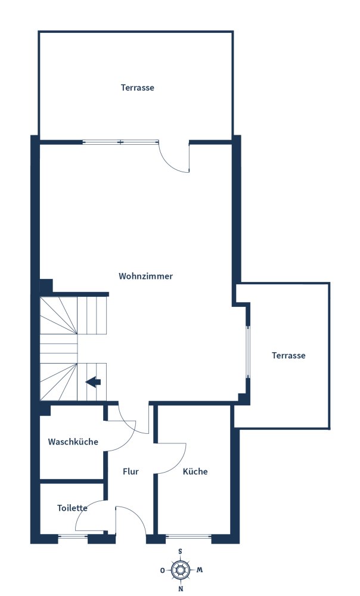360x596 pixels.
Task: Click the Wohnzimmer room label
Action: [145, 277]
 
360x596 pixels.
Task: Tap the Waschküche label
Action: [73, 442]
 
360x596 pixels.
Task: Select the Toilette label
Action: [72, 508]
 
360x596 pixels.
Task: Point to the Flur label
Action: [131, 471]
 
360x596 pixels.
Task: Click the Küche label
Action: [195, 471]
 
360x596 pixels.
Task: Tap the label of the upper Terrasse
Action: [138, 88]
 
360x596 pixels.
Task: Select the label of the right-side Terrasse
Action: [288, 355]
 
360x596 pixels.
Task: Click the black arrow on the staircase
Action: [94, 382]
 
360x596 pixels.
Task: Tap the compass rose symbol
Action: [181, 570]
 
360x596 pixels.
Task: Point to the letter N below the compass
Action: [181, 589]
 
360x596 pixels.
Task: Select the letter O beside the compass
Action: [162, 570]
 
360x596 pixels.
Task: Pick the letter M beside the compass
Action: [200, 570]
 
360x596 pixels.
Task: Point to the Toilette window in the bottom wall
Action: [73, 537]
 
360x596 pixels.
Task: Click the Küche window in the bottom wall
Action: [188, 537]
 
